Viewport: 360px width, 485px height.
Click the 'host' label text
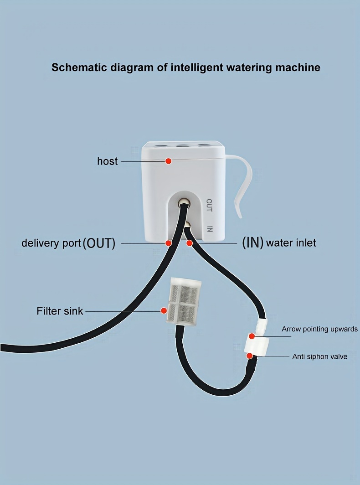click(x=107, y=161)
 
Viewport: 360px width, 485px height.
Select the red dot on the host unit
click(x=168, y=161)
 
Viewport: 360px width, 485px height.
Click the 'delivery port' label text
click(x=51, y=243)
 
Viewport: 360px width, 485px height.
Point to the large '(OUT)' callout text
click(x=99, y=243)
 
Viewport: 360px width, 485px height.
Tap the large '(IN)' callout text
click(x=252, y=242)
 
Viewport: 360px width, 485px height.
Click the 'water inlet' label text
click(x=291, y=243)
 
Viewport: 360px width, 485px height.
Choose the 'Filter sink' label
click(x=60, y=311)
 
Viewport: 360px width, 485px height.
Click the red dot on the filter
click(x=164, y=311)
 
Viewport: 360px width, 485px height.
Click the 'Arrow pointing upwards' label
click(x=319, y=329)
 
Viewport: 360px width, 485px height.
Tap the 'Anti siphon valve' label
click(x=319, y=356)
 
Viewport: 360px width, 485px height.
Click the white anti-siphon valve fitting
click(x=257, y=344)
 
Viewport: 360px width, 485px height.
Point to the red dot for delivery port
click(x=168, y=243)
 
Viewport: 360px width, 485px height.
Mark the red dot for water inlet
click(x=190, y=243)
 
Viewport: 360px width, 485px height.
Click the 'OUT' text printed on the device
click(x=209, y=205)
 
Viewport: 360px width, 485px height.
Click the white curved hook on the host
click(x=244, y=182)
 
